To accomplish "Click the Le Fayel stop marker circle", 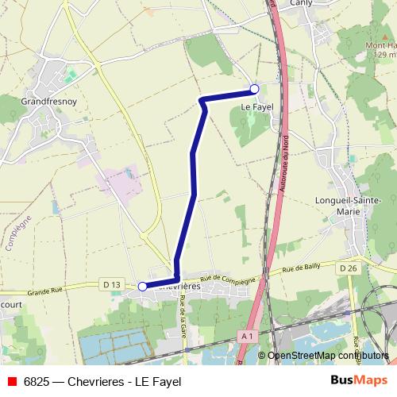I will pos(254,89).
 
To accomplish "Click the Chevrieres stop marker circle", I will pos(142,287).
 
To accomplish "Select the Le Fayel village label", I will pos(257,105).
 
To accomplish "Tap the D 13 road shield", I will pos(111,284).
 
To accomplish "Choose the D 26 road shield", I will pos(347,268).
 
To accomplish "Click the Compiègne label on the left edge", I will pos(20,233).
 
